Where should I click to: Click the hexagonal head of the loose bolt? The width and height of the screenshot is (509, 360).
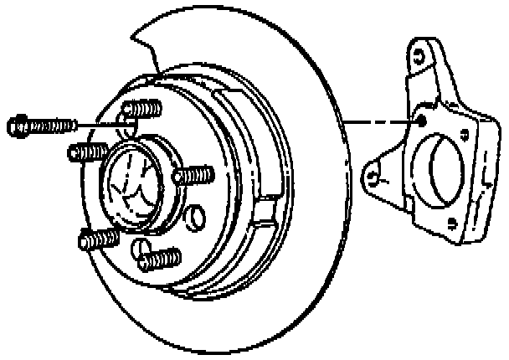18,127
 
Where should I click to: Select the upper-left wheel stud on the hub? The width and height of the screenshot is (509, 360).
85,152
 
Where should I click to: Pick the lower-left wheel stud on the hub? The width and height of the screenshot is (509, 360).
99,239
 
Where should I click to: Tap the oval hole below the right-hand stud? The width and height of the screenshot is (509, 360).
193,217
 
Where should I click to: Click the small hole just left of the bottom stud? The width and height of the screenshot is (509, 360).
139,248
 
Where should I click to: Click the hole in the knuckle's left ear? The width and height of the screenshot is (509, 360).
374,177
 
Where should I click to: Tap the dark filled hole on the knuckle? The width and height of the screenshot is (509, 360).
422,121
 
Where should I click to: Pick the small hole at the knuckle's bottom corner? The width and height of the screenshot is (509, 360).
453,224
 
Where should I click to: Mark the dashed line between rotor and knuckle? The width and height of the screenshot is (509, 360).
381,122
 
